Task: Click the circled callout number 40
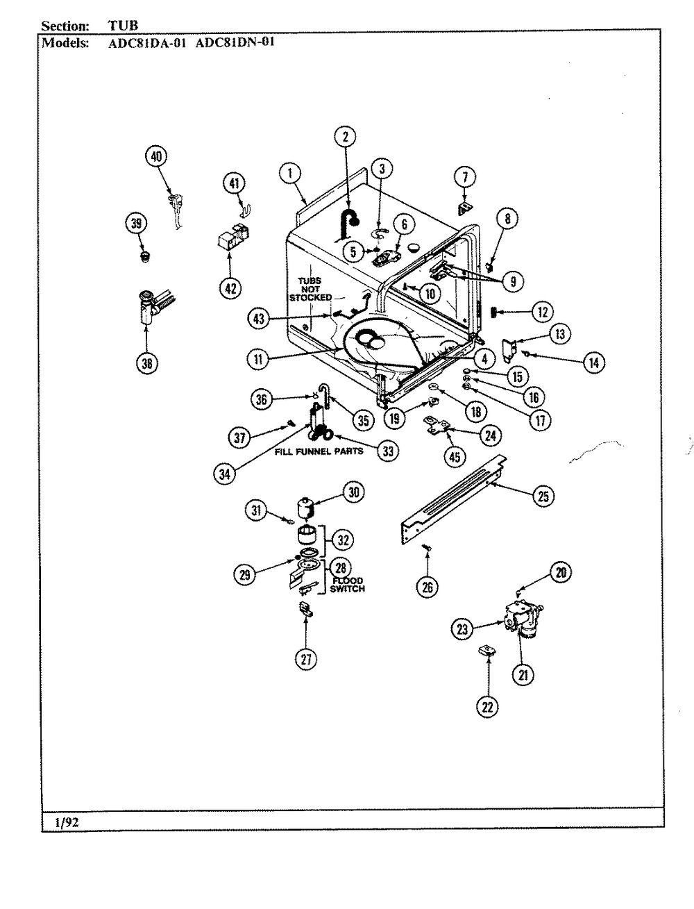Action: coord(156,157)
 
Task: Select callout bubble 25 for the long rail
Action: coord(543,496)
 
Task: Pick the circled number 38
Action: coord(147,363)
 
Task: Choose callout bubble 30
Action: coord(353,492)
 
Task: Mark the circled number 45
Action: coord(456,457)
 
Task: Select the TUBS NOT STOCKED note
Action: coord(310,289)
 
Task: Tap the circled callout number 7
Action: coord(465,176)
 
